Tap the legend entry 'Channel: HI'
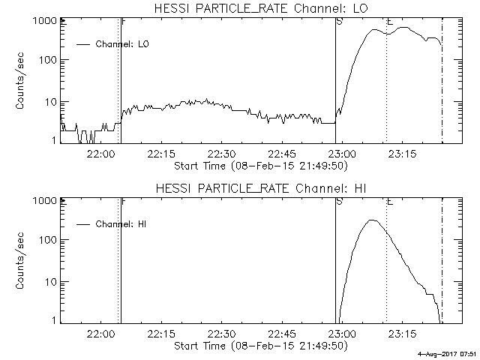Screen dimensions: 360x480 point(122,224)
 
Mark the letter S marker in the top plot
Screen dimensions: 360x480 point(340,22)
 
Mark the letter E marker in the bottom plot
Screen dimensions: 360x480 point(389,201)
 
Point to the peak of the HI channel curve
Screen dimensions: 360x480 point(371,220)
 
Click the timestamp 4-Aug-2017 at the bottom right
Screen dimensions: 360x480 point(448,353)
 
